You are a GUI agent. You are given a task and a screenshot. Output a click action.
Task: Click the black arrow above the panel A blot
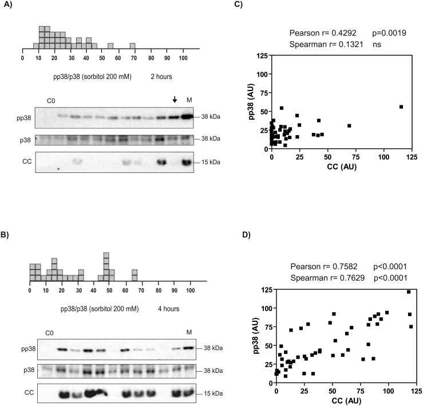(x=175, y=100)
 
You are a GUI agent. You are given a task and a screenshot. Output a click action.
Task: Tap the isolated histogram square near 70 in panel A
(x=132, y=46)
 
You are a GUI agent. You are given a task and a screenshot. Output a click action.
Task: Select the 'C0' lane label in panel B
(x=49, y=332)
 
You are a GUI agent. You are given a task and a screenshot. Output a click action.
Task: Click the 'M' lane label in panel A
(x=189, y=101)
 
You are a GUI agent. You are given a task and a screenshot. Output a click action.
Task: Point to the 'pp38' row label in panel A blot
(x=25, y=117)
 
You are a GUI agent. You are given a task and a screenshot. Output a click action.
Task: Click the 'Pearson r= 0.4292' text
(x=319, y=33)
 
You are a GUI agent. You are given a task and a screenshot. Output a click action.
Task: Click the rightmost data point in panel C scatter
(x=401, y=107)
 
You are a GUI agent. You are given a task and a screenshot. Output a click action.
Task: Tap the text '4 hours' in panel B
(x=169, y=309)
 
